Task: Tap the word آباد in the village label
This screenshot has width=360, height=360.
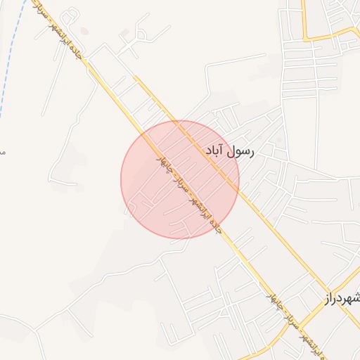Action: point(215,150)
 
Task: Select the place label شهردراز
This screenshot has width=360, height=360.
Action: point(343,298)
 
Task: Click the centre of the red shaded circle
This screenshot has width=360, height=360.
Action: point(180,179)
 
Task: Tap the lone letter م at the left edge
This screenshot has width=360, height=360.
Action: point(2,150)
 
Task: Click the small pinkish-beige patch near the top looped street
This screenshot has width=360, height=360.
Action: point(84,31)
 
